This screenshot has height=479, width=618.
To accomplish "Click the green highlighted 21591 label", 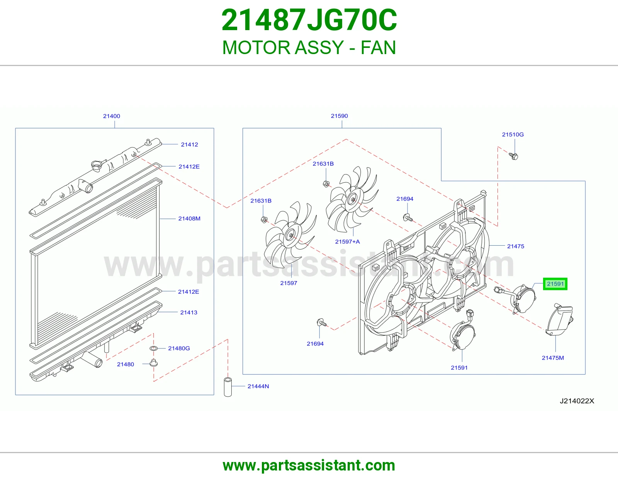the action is point(555,284).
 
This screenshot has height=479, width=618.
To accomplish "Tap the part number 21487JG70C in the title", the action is point(309,20).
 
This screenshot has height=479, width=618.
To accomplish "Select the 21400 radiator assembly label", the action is point(112,116).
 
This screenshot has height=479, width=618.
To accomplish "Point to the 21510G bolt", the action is point(513,156).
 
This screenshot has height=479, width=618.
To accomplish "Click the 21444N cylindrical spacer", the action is point(228,387).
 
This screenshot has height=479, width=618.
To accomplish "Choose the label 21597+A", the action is point(347,241).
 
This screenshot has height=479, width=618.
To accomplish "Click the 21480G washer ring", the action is point(154,348).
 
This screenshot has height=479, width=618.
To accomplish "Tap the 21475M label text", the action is point(553,358).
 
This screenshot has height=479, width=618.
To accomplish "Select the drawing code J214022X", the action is point(577,401).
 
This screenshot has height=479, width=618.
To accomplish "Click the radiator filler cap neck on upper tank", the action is point(97,166).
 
